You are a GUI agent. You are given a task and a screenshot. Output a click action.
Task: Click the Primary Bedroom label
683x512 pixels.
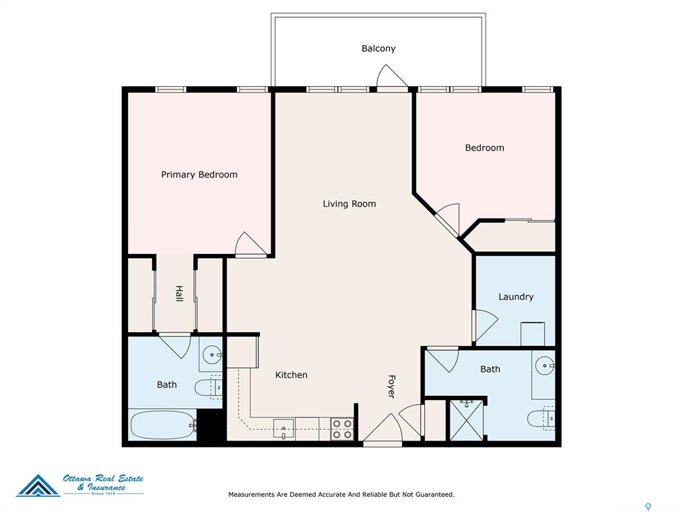click(199, 175)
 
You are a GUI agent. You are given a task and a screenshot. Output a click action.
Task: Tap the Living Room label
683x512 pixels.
click(350, 204)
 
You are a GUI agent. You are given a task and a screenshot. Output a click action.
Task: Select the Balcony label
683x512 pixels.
click(379, 48)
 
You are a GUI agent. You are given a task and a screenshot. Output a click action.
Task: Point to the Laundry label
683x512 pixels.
click(516, 297)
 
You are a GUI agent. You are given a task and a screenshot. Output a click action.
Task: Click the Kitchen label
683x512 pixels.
click(291, 375)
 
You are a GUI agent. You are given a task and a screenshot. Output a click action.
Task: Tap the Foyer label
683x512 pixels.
click(392, 387)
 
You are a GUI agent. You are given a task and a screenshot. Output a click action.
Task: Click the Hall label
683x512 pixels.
click(179, 293)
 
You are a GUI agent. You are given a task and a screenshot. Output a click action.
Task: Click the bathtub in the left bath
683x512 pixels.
click(163, 425)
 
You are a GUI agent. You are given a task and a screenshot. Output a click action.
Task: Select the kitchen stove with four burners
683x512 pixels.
click(342, 429)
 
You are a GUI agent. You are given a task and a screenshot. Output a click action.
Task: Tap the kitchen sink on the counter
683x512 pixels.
click(283, 428)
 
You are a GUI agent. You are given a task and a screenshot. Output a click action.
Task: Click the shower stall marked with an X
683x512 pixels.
click(466, 420)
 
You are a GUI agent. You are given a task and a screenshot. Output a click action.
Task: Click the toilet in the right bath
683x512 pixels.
click(541, 419)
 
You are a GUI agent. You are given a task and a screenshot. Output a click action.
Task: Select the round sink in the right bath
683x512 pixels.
click(545, 366)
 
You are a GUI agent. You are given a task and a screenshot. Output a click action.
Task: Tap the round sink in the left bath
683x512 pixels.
click(213, 355)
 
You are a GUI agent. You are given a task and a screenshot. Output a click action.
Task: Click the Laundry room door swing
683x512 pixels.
click(486, 325)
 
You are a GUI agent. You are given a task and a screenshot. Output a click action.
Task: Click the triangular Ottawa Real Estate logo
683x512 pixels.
click(38, 486)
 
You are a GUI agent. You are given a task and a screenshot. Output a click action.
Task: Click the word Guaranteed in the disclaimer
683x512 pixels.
click(434, 495)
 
